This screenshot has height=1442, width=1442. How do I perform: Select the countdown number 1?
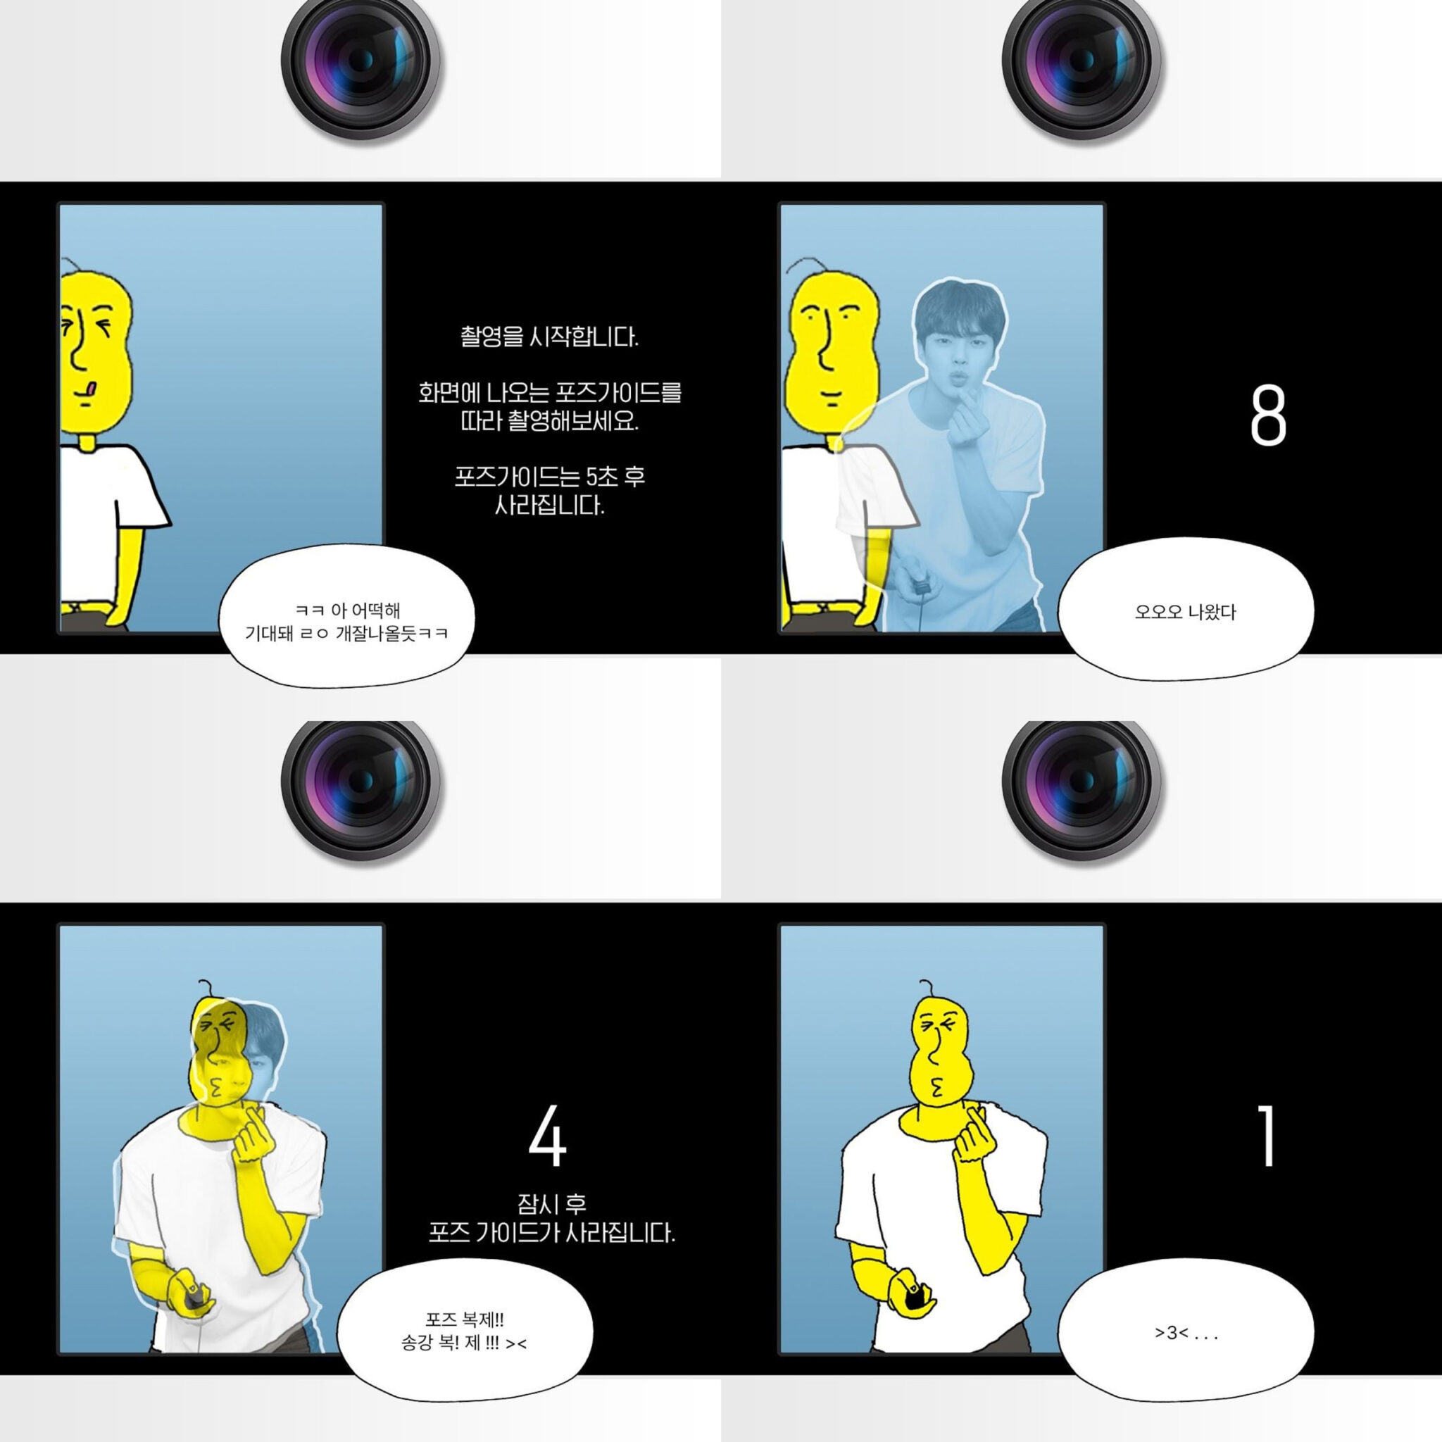[x=1267, y=1136]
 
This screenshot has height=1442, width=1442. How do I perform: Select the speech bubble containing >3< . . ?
[x=1185, y=1333]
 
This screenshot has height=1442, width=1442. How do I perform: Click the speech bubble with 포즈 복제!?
[x=464, y=1333]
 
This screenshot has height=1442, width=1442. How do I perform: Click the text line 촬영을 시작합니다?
[x=549, y=337]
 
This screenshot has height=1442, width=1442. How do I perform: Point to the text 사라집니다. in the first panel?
[x=549, y=506]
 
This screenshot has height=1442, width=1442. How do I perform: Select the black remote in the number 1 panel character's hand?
[x=915, y=1303]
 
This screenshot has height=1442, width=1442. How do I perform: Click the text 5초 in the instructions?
[x=601, y=476]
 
